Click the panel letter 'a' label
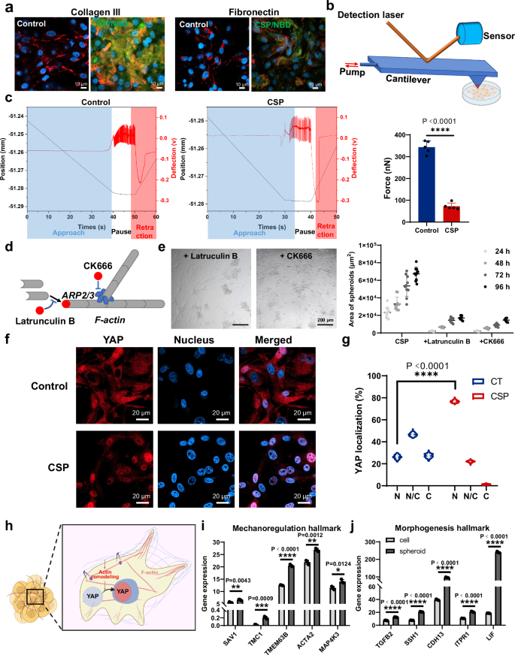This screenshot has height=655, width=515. [6, 6]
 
